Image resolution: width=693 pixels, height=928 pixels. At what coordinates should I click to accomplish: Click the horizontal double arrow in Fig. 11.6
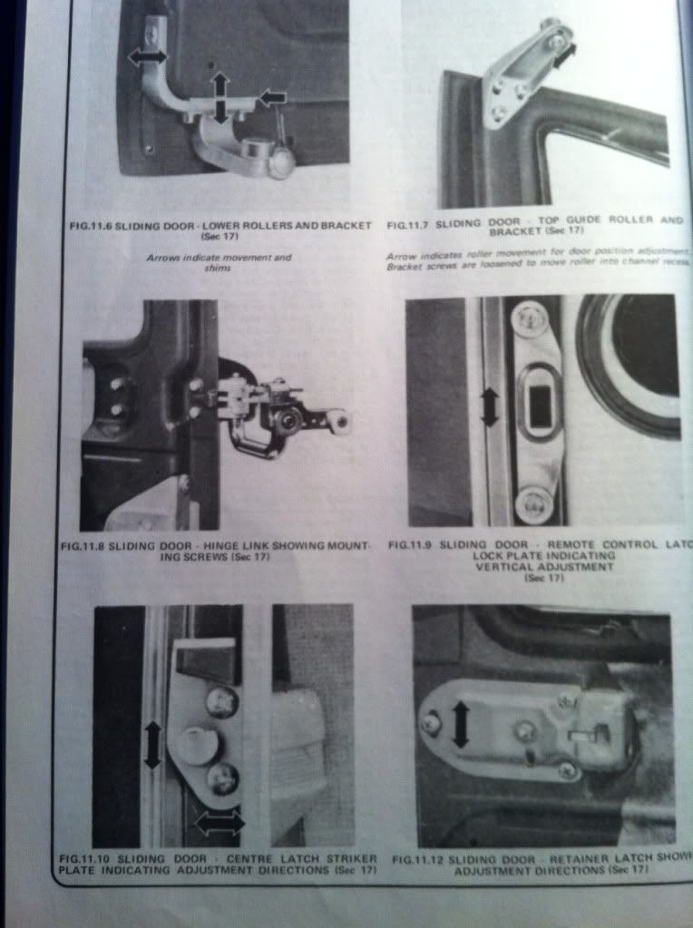point(147,56)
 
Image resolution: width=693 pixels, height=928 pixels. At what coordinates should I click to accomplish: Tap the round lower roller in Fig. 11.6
point(279,162)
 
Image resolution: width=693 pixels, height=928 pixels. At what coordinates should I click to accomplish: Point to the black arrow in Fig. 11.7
point(564,56)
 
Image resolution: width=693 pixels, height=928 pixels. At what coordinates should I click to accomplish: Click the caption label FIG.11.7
point(414,220)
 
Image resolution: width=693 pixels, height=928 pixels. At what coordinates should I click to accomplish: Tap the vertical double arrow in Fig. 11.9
point(489,407)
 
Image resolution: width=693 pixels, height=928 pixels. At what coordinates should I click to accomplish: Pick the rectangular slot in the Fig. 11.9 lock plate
point(540,409)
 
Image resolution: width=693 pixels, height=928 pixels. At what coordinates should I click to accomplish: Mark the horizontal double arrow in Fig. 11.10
point(220,824)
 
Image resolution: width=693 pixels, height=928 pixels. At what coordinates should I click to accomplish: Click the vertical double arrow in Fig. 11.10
point(152,744)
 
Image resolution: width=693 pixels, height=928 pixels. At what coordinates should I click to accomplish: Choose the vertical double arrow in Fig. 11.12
point(461,723)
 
